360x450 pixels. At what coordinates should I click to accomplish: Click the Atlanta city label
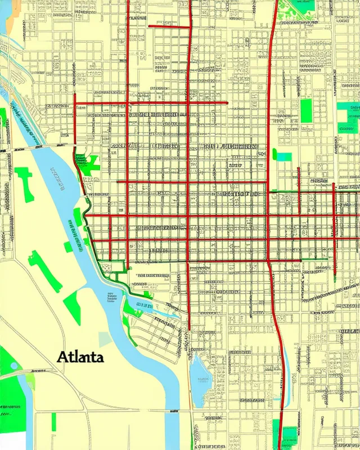(79, 357)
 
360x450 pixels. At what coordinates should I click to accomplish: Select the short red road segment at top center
(169, 26)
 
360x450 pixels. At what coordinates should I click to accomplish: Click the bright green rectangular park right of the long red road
(306, 111)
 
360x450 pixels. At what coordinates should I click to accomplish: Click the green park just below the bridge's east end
(87, 162)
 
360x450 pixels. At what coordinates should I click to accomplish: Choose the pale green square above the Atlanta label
(105, 339)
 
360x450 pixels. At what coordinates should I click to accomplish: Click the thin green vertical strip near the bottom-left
(54, 422)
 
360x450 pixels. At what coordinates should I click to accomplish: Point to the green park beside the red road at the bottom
(276, 433)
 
